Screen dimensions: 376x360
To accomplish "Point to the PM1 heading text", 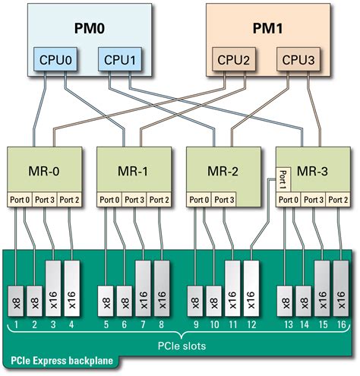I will coord(267,28).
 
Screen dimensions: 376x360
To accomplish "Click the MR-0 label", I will coord(47,171).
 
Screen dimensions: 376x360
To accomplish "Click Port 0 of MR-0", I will coord(21,200).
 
